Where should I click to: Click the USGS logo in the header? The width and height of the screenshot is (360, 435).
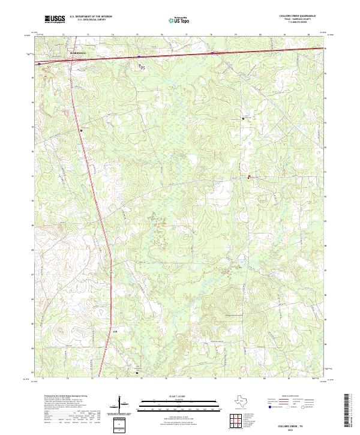[55, 19]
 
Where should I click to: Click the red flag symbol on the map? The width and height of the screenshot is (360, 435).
[250, 176]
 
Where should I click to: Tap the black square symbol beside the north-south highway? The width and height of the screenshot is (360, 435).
[81, 130]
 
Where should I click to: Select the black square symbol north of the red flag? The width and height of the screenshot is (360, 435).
[243, 119]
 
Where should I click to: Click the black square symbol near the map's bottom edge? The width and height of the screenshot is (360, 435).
[137, 371]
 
